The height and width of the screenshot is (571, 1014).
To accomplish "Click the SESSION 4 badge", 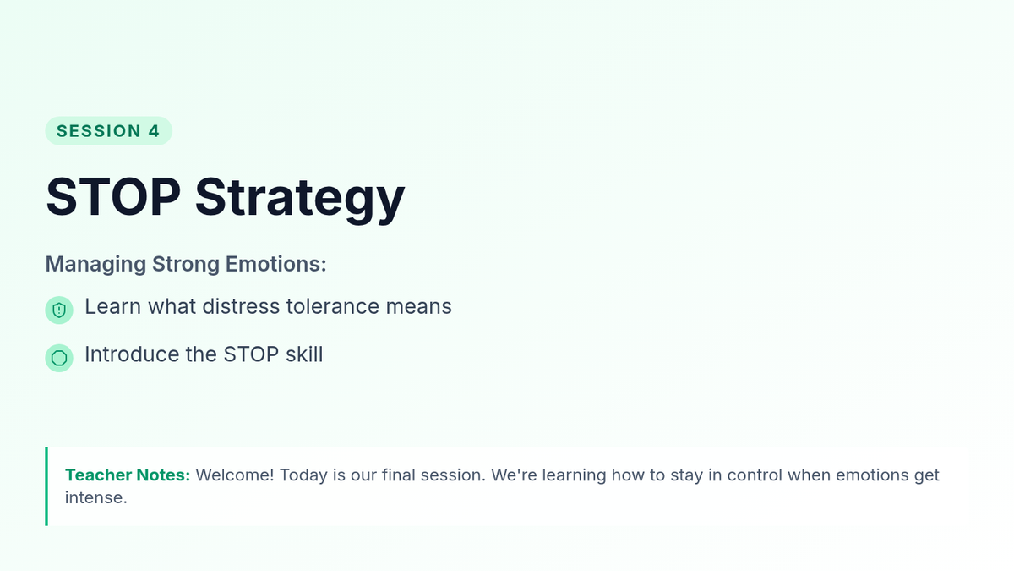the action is point(109,131).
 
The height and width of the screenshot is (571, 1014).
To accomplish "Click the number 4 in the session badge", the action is point(154,131).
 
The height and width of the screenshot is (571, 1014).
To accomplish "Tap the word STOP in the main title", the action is point(113,197).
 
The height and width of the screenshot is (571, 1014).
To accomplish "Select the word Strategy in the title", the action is point(300,200).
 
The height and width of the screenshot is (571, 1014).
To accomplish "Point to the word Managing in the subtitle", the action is point(95,265).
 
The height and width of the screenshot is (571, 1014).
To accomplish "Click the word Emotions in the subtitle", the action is point(275,264).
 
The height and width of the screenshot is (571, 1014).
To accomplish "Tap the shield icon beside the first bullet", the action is point(59,310).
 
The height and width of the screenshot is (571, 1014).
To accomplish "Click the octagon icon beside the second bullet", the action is point(59,358).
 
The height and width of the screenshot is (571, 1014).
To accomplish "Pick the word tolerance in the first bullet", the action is point(333,307).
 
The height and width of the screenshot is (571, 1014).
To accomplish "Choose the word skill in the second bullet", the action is point(304,354).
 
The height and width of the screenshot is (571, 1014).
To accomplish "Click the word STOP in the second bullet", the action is point(251,354).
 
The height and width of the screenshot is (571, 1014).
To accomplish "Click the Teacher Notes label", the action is point(128,475).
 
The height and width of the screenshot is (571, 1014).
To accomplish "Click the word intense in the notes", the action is point(96,497).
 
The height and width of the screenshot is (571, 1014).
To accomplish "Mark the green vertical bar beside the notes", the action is point(46,486).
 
